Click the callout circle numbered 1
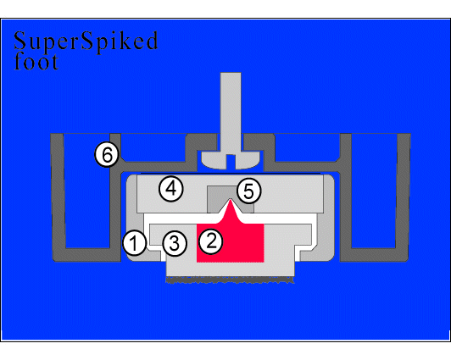tap(134, 243)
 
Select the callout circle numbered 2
tap(211, 241)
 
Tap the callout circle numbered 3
tap(175, 244)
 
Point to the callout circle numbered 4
tap(171, 189)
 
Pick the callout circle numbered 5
tap(248, 191)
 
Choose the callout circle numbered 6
tap(107, 154)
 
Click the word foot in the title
tap(36, 61)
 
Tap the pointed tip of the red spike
tap(230, 199)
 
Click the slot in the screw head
tap(231, 162)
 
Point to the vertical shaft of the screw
tap(231, 113)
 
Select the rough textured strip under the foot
tap(230, 280)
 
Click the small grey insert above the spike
tap(231, 199)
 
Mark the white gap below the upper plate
tap(230, 219)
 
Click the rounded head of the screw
tap(231, 160)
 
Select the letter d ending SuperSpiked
tap(150, 41)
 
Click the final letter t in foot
tap(54, 63)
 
